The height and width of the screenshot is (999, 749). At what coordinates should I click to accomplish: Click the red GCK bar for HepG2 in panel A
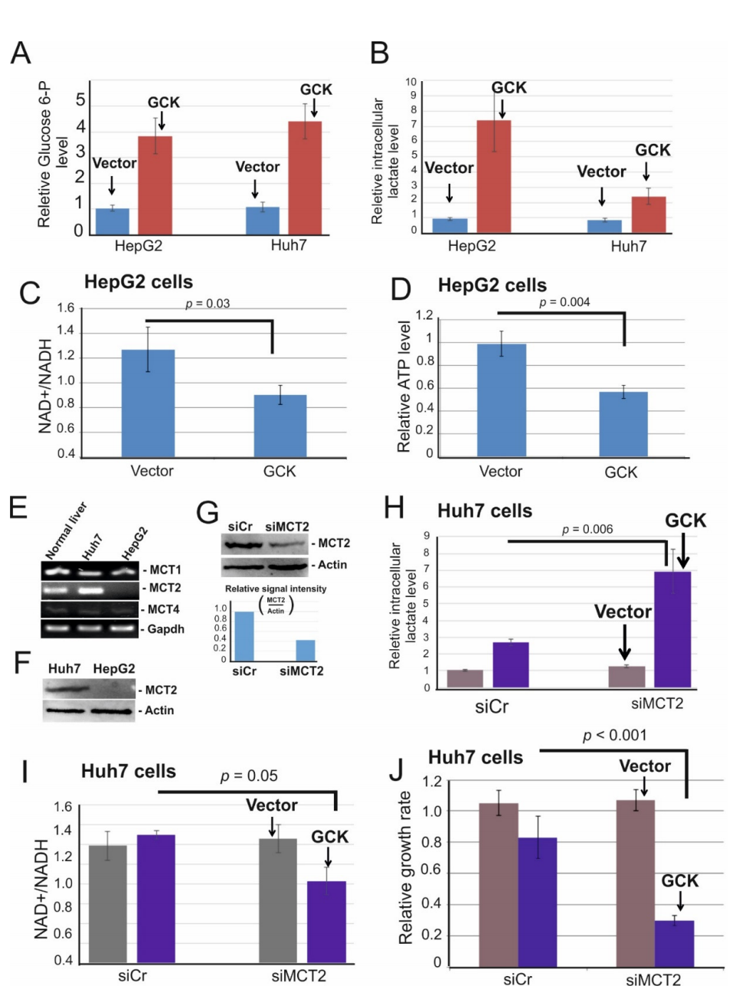pos(155,185)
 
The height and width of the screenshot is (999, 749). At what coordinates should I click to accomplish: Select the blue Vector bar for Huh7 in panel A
pos(262,220)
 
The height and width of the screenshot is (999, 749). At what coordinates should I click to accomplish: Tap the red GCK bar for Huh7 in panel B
pos(648,214)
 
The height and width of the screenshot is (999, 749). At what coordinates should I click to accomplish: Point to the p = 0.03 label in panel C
pos(208,304)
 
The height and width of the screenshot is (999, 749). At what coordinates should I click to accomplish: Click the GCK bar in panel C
pos(280,426)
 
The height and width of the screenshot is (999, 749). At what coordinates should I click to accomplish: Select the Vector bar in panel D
pos(501,400)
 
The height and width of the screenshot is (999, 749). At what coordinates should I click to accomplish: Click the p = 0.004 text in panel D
pos(564,302)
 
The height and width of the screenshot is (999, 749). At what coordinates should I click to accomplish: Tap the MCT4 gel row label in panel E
pos(164,609)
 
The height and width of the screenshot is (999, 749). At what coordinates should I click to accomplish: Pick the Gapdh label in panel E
pos(165,629)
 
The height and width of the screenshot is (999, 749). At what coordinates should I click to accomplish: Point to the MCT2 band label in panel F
pos(161,690)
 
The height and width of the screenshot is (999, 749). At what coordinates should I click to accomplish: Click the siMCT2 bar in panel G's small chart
pos(305,650)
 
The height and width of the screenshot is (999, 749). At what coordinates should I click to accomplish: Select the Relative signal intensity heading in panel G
pos(275,589)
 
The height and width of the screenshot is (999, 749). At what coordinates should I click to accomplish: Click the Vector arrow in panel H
pos(625,642)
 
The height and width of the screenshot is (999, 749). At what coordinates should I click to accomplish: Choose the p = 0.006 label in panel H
pos(587,529)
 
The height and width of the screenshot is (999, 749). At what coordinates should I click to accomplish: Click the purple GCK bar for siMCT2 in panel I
pos(326,922)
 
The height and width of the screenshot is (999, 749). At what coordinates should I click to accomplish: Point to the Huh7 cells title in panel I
pos(129,771)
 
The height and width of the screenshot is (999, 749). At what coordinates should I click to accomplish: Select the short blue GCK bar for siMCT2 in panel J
pos(674,943)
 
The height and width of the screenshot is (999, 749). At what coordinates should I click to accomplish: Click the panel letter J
pos(397,769)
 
